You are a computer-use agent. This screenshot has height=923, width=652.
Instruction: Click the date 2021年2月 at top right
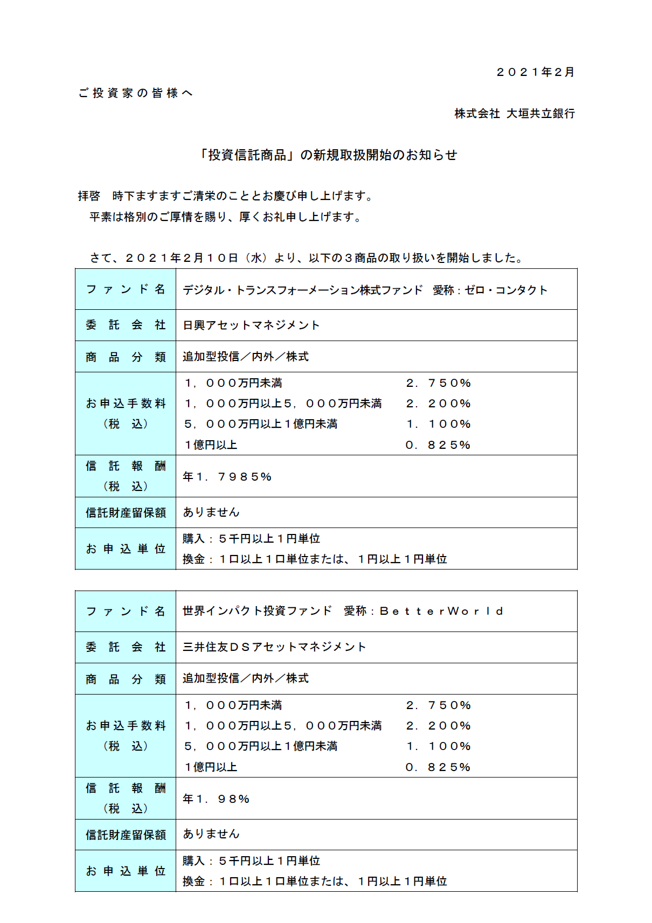pos(535,72)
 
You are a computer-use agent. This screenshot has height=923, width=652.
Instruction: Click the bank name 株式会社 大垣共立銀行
pos(515,114)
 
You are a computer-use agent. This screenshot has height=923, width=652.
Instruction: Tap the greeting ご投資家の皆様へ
pos(135,93)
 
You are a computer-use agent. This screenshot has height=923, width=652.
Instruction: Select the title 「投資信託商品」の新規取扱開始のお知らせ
pos(328,155)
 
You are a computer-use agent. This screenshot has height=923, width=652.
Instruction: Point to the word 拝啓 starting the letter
pos(89,196)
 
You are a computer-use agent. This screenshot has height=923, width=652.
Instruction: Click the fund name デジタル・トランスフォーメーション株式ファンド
pos(302,290)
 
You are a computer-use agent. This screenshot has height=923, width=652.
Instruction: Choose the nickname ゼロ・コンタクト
pos(505,290)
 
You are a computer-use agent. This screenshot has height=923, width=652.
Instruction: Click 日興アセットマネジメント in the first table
pos(251,325)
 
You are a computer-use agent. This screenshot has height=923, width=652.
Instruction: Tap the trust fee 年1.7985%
pos(227,476)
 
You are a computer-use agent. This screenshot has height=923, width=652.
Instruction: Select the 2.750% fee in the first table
pos(438,383)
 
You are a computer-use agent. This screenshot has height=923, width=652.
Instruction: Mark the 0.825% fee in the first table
pos(438,445)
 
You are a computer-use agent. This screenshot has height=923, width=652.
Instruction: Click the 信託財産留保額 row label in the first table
pos(126,512)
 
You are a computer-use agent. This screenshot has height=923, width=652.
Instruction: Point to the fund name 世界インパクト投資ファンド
pos(257,611)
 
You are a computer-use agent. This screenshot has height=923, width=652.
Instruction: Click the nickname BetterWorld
pos(441,611)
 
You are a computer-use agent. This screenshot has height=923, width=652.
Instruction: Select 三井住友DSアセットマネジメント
pos(274,647)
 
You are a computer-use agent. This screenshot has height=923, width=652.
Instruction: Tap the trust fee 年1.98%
pos(216,799)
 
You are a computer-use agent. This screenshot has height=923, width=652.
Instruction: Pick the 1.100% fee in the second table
pos(438,746)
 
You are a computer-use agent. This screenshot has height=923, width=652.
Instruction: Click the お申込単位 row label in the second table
pos(126,871)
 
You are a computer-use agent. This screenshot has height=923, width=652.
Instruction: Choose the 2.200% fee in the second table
pos(438,726)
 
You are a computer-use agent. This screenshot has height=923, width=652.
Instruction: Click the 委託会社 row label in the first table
pos(126,325)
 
